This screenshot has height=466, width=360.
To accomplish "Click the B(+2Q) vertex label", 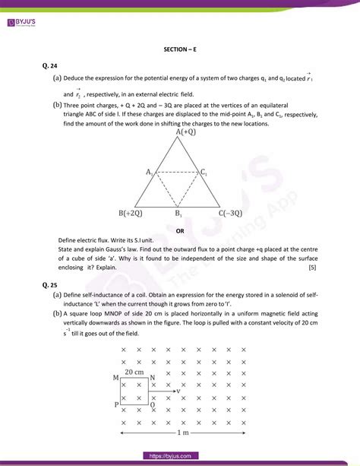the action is tap(132, 214).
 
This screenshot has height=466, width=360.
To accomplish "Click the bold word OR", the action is tap(180, 230).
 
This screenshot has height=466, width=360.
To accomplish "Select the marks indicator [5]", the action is tap(312, 268).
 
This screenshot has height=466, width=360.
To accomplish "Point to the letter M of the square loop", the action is tap(115, 378).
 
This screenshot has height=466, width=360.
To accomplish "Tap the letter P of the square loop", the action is tap(116, 405).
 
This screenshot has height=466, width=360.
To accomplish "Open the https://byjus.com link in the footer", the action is tap(179, 455).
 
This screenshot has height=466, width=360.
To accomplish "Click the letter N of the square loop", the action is tap(153, 378).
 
